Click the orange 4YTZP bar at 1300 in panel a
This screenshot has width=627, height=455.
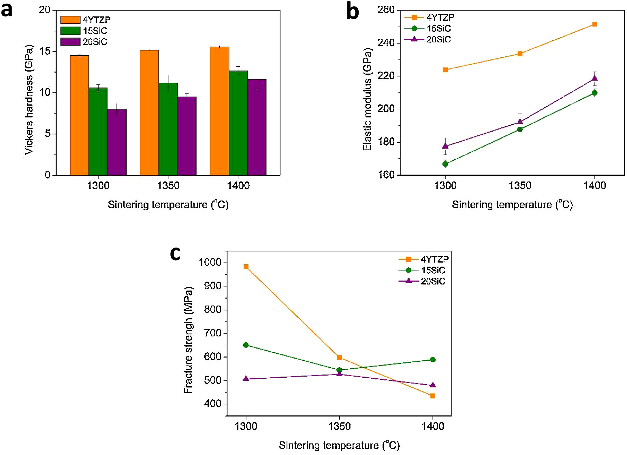pyautogui.click(x=80, y=115)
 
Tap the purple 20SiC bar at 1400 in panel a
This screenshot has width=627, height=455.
pyautogui.click(x=257, y=127)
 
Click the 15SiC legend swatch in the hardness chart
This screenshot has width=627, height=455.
pyautogui.click(x=70, y=31)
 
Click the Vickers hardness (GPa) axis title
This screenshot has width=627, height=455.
pyautogui.click(x=29, y=100)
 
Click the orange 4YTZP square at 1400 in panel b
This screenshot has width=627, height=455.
pyautogui.click(x=594, y=24)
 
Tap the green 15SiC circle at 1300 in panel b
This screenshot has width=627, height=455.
pyautogui.click(x=445, y=164)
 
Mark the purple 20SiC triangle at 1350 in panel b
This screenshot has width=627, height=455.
pyautogui.click(x=520, y=121)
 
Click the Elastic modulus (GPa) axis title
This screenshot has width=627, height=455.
pyautogui.click(x=368, y=99)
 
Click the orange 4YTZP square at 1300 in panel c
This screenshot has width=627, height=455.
pyautogui.click(x=246, y=267)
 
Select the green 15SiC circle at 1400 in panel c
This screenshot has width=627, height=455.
pyautogui.click(x=433, y=360)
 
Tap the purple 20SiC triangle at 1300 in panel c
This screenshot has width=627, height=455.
pyautogui.click(x=246, y=379)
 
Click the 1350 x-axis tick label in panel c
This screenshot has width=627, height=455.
pyautogui.click(x=339, y=426)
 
